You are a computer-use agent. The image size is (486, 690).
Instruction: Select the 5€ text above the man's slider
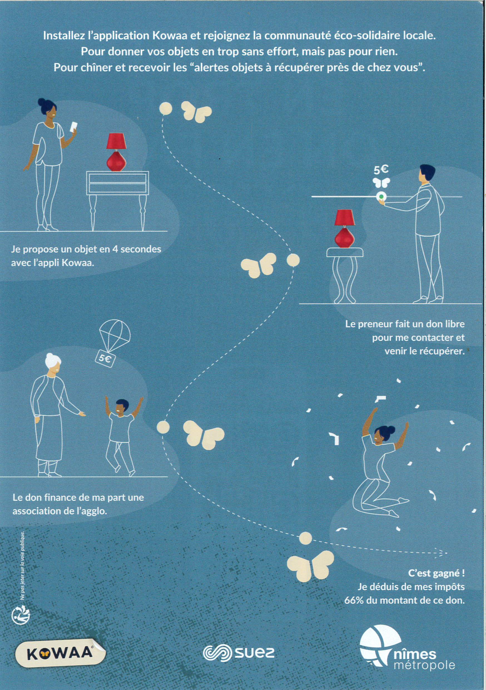[x=381, y=170]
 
